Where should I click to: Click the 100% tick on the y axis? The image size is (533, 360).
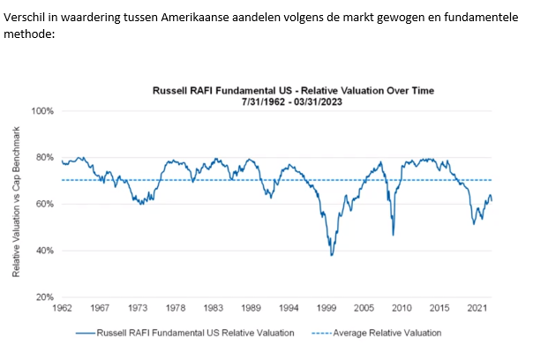(x=44, y=111)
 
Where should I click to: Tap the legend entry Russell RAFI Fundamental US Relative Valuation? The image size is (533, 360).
(x=187, y=333)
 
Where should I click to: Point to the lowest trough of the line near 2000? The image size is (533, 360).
(x=332, y=255)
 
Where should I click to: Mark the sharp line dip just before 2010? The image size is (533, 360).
(x=393, y=234)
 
